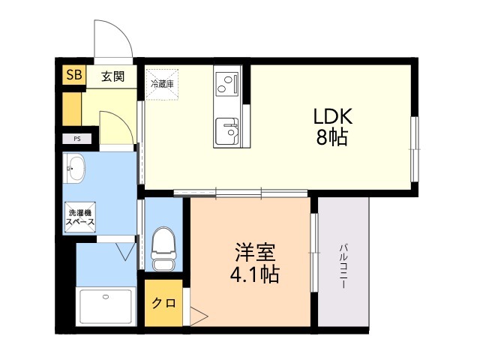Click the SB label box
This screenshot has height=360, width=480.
(x=73, y=74)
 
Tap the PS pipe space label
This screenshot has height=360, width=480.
(x=76, y=139)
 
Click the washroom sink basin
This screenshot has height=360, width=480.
(x=74, y=169)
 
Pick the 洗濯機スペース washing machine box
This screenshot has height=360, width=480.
(x=80, y=215)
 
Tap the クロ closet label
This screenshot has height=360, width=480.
(x=163, y=304)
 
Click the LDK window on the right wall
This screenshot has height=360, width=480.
(x=414, y=148)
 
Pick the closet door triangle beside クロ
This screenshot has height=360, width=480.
(x=198, y=316)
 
